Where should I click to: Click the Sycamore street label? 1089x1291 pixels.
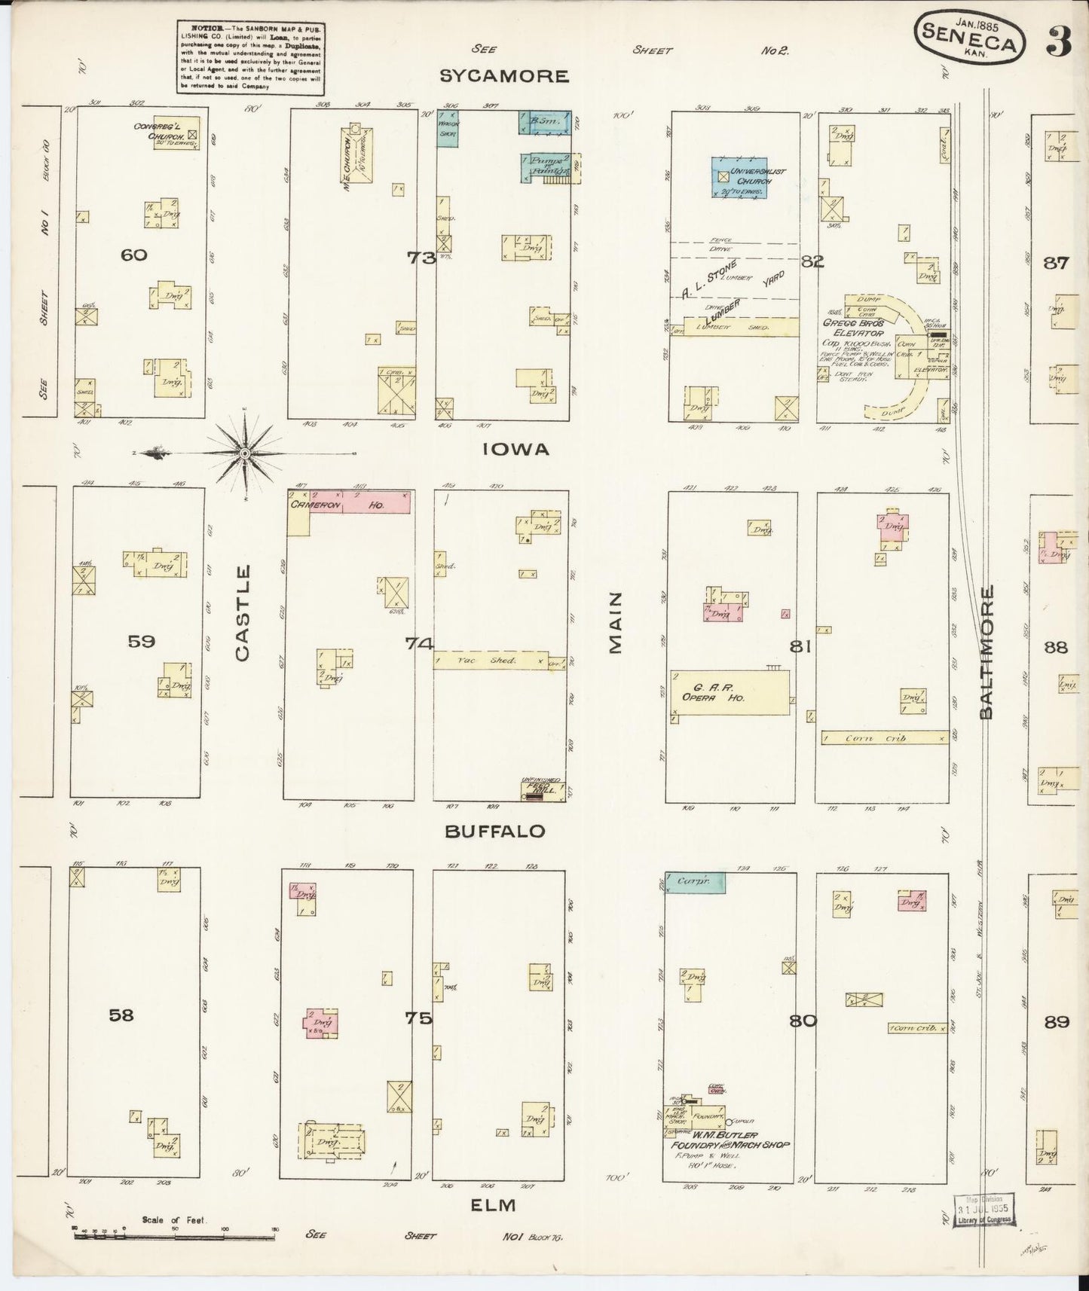point(503,76)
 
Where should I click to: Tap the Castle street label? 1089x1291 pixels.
point(242,614)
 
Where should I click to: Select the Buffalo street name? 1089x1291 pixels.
point(494,831)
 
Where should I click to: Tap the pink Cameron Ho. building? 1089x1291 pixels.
point(375,503)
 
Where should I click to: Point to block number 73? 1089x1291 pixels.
point(421,258)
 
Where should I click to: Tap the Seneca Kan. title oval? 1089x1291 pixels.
point(969,42)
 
